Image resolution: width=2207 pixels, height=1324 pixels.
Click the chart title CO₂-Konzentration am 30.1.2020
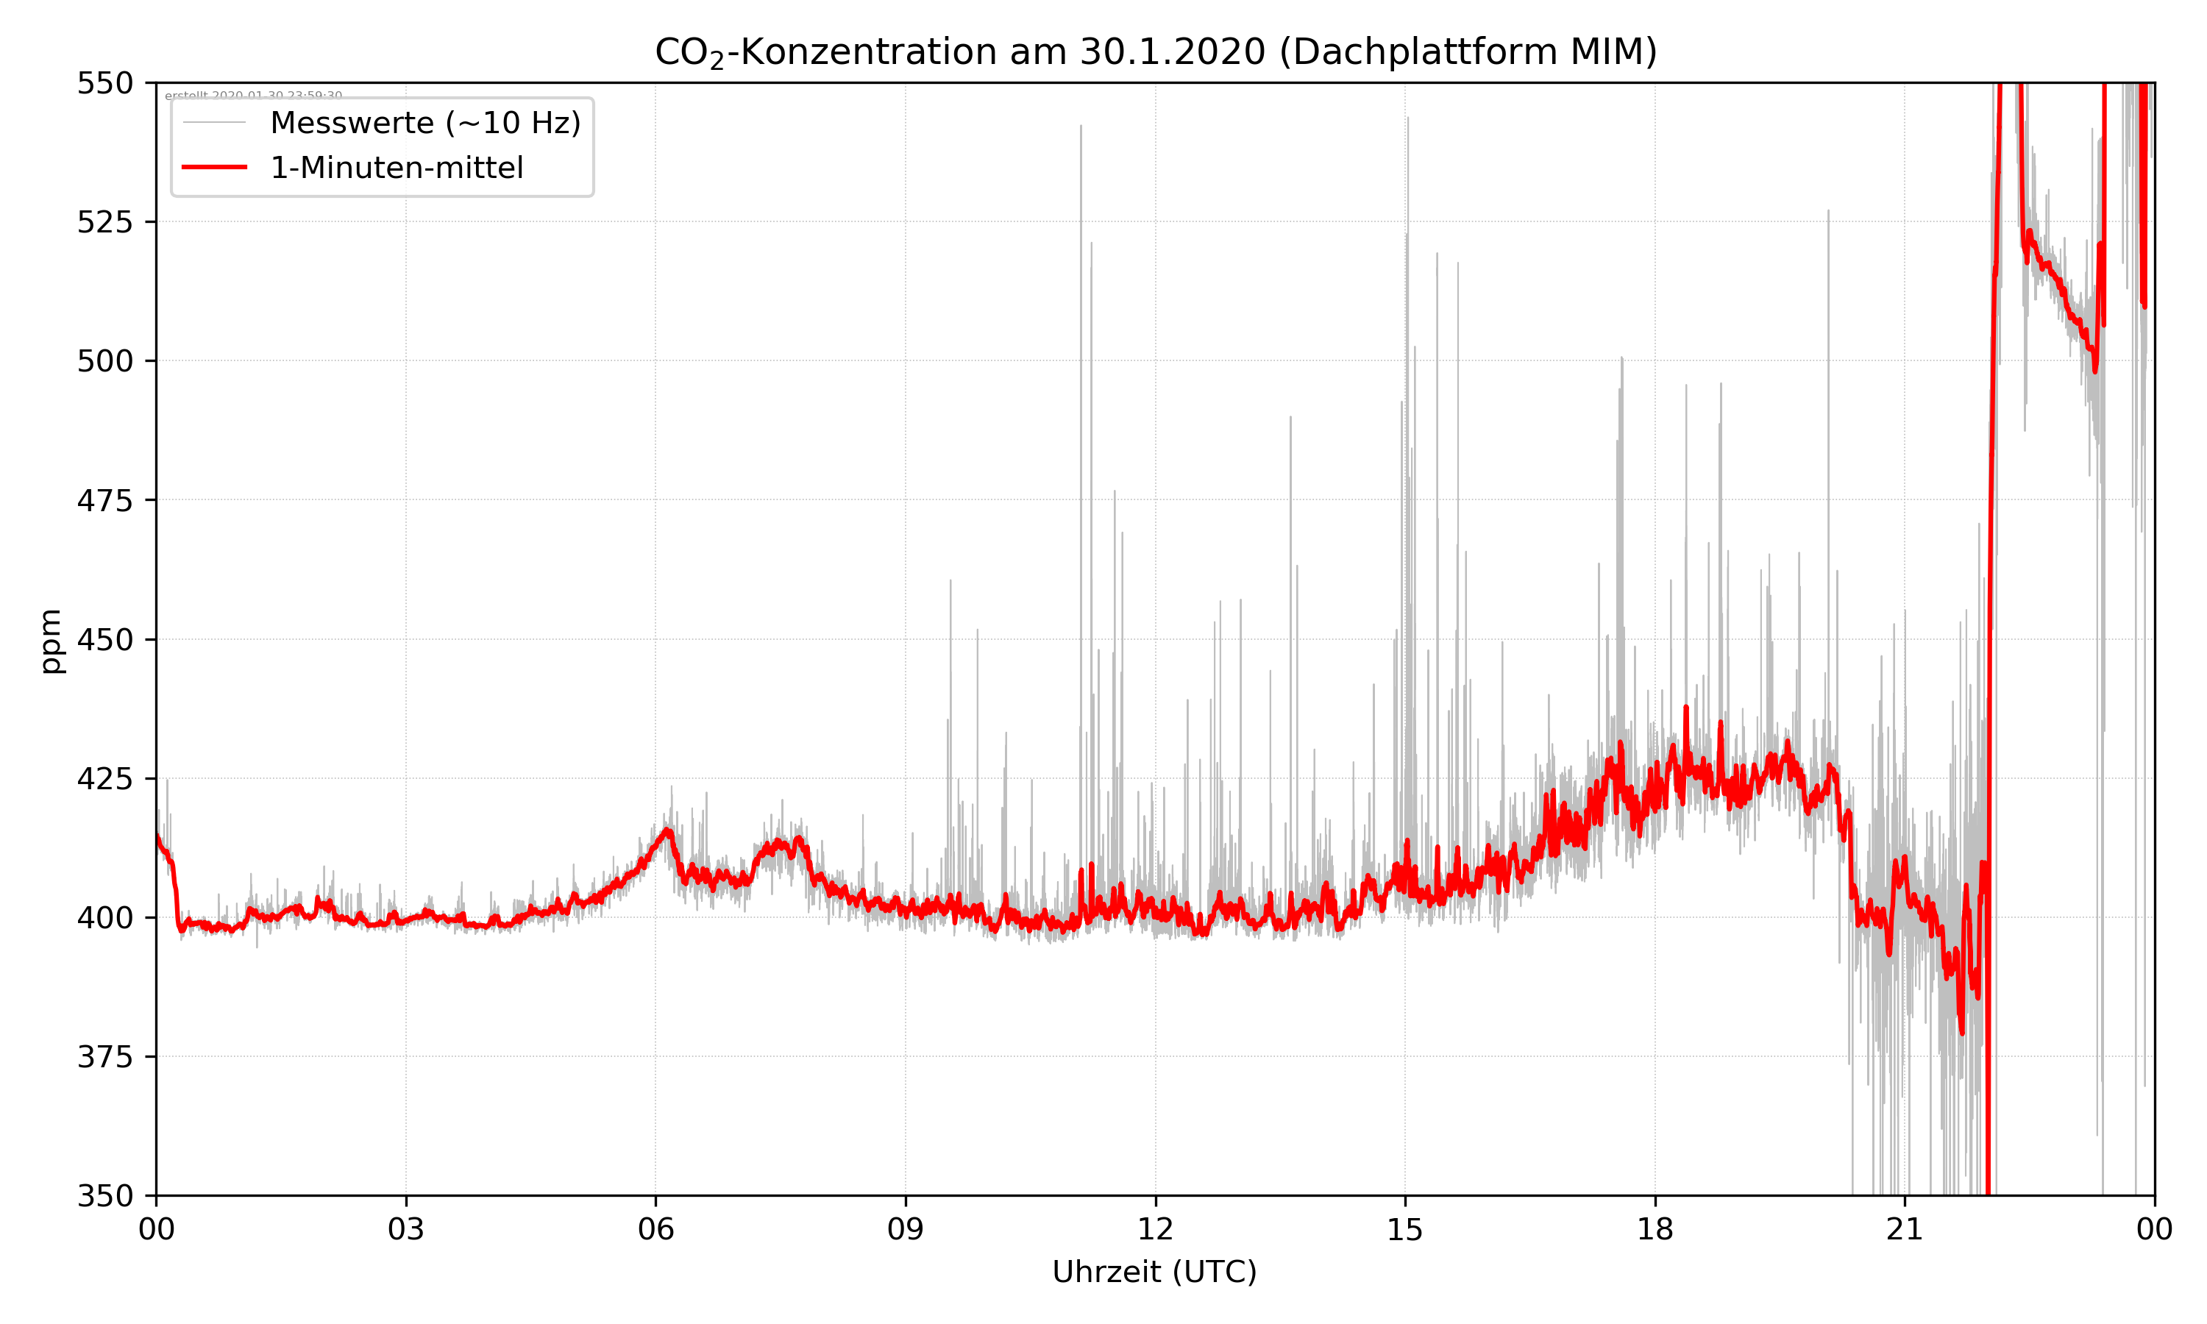click(1155, 51)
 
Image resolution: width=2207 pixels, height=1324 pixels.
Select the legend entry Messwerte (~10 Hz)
click(424, 123)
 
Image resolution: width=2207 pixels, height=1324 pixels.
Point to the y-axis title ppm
click(51, 641)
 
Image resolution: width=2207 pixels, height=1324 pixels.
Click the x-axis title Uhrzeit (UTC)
click(1154, 1271)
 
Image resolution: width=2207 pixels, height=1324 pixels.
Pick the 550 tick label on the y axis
click(104, 83)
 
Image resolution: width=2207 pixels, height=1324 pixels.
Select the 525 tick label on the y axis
click(104, 222)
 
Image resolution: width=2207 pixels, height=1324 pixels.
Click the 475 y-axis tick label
click(104, 500)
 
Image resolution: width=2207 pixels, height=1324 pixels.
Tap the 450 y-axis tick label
click(104, 640)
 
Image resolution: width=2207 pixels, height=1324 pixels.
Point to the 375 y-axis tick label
click(104, 1057)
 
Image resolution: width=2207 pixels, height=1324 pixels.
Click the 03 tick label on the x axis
click(406, 1228)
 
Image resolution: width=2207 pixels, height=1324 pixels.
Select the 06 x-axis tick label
click(655, 1228)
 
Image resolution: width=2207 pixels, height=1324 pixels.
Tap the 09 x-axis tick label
click(906, 1228)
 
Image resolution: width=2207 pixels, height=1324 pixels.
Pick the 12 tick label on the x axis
click(1155, 1228)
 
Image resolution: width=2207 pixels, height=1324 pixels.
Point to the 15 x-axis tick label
click(1405, 1228)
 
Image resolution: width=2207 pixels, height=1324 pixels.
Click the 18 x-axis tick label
click(1655, 1228)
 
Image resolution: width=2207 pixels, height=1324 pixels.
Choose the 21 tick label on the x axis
click(1905, 1228)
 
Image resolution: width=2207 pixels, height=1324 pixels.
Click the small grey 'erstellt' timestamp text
click(253, 95)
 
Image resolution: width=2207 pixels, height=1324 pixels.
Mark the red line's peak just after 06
click(667, 830)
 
